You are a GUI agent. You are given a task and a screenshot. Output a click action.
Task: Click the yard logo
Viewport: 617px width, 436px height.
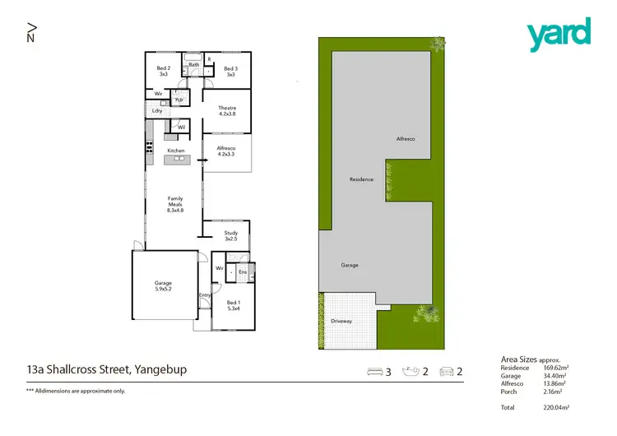[x=559, y=34]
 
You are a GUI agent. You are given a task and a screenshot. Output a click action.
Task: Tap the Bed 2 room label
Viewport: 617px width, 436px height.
[x=164, y=72]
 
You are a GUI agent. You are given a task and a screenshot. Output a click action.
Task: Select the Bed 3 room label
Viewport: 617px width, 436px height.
[x=230, y=72]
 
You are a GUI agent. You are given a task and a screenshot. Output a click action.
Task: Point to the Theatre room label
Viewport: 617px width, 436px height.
[x=227, y=111]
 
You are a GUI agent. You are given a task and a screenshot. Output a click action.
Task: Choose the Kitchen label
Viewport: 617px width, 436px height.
[x=176, y=151]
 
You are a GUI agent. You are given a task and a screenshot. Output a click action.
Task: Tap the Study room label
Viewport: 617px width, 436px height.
[x=231, y=236]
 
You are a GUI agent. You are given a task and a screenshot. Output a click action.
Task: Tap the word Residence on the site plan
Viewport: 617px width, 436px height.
[x=361, y=179]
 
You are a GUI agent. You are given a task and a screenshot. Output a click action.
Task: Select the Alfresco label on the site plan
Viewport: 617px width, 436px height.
[x=406, y=139]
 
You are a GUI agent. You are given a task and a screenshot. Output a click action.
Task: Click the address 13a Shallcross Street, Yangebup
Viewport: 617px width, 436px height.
[x=107, y=370]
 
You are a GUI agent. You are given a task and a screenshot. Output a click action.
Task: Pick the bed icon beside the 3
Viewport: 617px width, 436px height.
[x=373, y=372]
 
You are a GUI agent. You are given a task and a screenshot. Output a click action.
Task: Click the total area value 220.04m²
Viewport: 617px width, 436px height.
[x=557, y=407]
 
